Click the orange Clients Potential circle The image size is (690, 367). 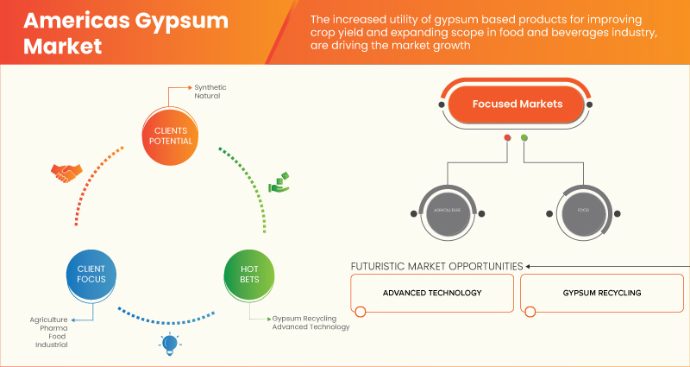point(168,135)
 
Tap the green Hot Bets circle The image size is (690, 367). point(248,275)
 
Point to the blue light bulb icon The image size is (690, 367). point(168,345)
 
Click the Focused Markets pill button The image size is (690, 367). point(517,104)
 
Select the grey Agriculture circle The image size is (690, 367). point(445,211)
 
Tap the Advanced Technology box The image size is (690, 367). point(432,294)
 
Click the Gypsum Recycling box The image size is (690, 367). point(603,294)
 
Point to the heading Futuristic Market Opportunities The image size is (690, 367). point(436,266)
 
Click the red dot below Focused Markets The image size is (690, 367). point(507,138)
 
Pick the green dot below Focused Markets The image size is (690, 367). point(524,138)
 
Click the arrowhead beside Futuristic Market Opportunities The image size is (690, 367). point(530,266)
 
